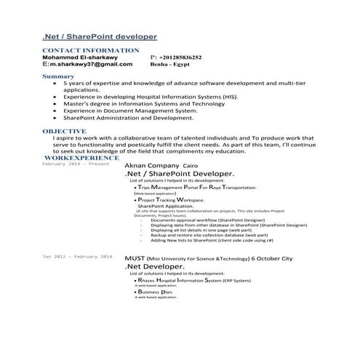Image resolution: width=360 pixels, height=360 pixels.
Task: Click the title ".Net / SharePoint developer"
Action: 99,36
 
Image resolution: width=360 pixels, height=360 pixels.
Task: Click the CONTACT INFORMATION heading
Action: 91,50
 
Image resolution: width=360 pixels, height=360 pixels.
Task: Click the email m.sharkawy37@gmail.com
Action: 91,64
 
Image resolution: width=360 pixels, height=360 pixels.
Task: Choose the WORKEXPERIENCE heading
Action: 81,157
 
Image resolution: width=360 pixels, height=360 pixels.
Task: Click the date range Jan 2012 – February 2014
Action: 77,257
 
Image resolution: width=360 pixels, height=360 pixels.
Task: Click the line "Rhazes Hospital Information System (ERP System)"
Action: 190,279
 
